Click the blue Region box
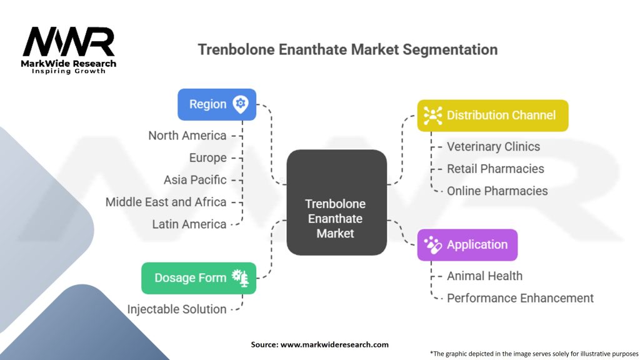click(x=216, y=104)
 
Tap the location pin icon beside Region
click(x=240, y=104)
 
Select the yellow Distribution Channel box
click(x=492, y=115)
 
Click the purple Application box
click(x=467, y=244)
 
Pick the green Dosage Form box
click(x=199, y=278)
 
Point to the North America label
click(x=187, y=136)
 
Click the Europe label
click(x=208, y=157)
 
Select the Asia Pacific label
click(x=195, y=180)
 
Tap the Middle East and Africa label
click(x=166, y=202)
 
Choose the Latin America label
click(x=189, y=224)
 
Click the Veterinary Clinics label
click(x=493, y=147)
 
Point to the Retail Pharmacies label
click(x=495, y=169)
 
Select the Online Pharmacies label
click(x=497, y=191)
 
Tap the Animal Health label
click(x=484, y=276)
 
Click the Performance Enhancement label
click(x=520, y=298)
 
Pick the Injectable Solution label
click(x=177, y=309)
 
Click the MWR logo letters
click(x=69, y=42)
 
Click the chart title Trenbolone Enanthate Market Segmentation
click(x=347, y=49)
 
